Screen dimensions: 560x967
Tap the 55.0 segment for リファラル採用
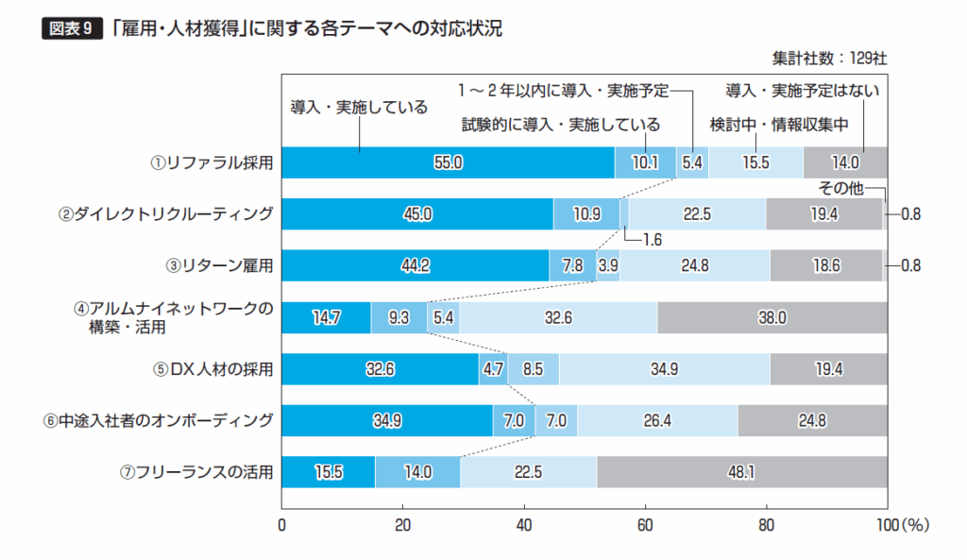[448, 162]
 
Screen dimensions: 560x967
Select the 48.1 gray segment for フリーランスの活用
[741, 471]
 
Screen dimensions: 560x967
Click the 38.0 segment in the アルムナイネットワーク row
[772, 317]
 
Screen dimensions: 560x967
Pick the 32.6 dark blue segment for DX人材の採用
[380, 368]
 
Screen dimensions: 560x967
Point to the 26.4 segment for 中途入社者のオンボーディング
[657, 420]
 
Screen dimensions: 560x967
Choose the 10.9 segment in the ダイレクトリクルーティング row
[585, 214]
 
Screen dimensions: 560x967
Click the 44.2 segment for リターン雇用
[416, 265]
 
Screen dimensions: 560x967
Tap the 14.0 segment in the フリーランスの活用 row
[416, 471]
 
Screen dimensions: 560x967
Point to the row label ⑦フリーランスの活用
[206, 471]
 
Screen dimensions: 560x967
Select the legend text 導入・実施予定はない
[803, 92]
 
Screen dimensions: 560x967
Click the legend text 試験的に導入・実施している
[560, 125]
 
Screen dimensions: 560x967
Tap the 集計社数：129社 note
[829, 58]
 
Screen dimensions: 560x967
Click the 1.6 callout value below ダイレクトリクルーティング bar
[651, 239]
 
